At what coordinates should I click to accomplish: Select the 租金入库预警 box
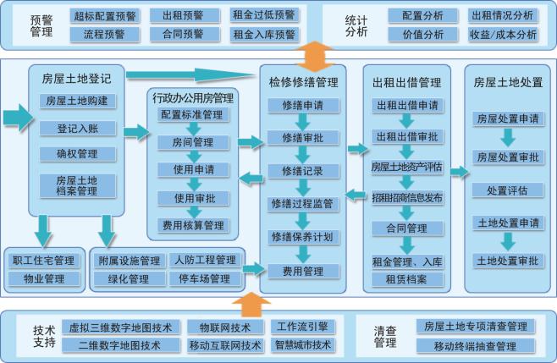click(x=264, y=35)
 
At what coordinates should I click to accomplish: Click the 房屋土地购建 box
click(x=77, y=101)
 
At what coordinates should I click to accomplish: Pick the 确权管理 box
click(x=77, y=154)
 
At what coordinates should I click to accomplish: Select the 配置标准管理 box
click(x=192, y=114)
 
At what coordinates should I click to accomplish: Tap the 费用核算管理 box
click(x=192, y=225)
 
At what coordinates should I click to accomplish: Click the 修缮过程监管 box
click(x=303, y=204)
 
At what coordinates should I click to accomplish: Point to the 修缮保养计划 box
click(x=303, y=236)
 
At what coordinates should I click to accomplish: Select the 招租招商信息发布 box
click(x=407, y=198)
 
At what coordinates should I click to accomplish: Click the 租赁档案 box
click(x=407, y=278)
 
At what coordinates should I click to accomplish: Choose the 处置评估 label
click(x=507, y=190)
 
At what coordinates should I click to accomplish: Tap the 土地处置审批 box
click(x=507, y=260)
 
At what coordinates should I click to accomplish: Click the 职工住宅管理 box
click(x=43, y=260)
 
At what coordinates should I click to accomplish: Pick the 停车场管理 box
click(x=203, y=278)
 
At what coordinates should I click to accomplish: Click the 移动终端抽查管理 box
click(x=475, y=346)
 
